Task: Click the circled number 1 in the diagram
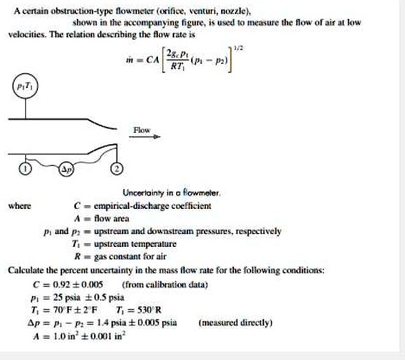click(28, 169)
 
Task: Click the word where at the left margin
click(19, 205)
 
